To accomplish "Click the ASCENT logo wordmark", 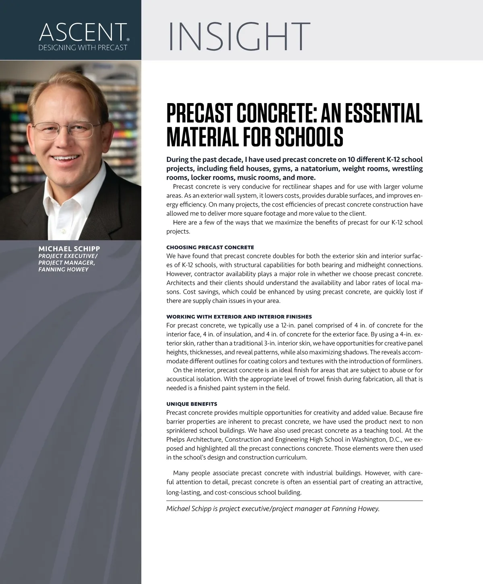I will coord(82,33).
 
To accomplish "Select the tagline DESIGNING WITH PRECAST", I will coord(83,48).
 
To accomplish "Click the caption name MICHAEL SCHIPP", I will coord(69,249).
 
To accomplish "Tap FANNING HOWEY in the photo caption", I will coord(63,269).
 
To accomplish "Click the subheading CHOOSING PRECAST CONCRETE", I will coord(210,247).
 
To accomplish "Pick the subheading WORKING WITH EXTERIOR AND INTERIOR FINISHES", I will coord(239,317).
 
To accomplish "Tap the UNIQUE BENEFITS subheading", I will coord(192,404).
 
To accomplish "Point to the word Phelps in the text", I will coord(175,439).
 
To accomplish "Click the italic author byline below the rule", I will coord(273,509).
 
